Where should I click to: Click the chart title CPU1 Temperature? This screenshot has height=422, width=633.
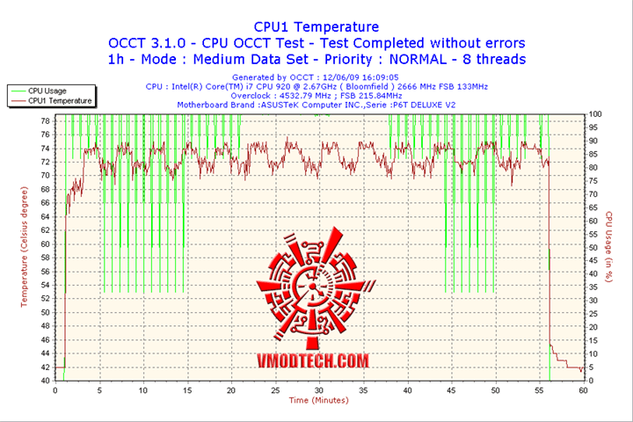pos(316,27)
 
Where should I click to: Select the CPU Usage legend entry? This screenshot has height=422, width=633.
pos(47,91)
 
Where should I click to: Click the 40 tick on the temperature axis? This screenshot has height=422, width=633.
pos(46,381)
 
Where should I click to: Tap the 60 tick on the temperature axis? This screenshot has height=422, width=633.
pos(46,251)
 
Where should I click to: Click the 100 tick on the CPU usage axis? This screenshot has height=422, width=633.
pos(595,114)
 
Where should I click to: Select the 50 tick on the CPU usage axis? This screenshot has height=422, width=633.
pos(593,248)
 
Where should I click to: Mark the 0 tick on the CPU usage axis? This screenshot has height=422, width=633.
pos(591,381)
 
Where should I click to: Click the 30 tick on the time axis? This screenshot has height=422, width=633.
pos(319,389)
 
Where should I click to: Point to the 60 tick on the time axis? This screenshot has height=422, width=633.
pos(583,389)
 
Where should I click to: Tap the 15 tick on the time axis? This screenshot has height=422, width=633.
pos(187,389)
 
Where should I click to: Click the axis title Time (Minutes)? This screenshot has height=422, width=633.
pos(318,400)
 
